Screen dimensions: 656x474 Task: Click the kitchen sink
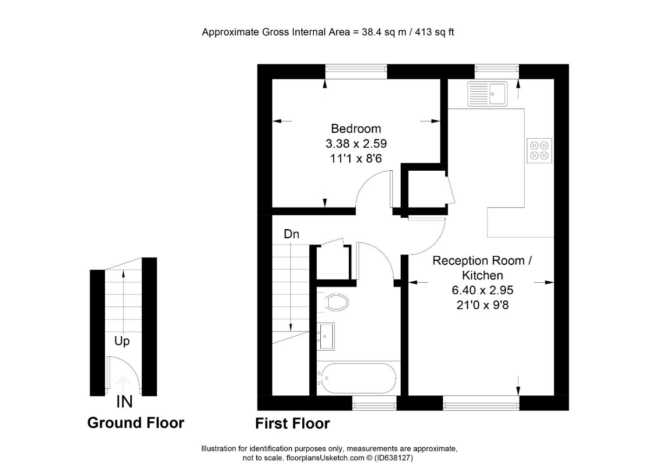pos(488,94)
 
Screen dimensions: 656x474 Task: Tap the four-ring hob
pos(539,151)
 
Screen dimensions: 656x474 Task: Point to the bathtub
pos(358,378)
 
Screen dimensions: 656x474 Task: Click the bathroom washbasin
pos(326,337)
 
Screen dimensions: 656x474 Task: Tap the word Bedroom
pos(356,129)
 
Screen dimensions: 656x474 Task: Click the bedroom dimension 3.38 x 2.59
pos(356,144)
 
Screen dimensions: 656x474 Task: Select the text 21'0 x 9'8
pos(482,305)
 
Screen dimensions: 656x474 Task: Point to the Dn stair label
pos(291,234)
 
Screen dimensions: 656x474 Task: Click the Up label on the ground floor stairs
pos(122,341)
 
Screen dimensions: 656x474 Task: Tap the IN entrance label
pos(125,402)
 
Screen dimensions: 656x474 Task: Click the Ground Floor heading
pos(136,423)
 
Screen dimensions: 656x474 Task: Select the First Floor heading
pos(293,424)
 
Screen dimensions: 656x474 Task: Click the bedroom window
pos(356,72)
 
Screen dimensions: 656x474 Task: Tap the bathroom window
pos(374,403)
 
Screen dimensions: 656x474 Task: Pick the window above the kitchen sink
pos(497,72)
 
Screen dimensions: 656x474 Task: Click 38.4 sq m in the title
pos(384,32)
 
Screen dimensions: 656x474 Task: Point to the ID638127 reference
pos(394,458)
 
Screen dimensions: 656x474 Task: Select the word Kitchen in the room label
pos(482,275)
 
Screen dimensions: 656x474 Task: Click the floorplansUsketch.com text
pos(325,458)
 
